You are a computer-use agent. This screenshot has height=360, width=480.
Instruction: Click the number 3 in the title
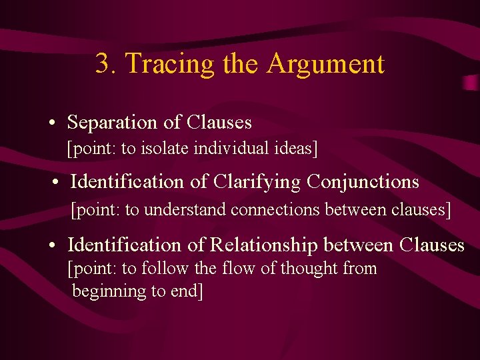click(x=102, y=64)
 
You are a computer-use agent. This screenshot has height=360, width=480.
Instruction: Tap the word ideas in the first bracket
click(x=291, y=148)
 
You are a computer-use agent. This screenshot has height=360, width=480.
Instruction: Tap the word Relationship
click(x=264, y=245)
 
